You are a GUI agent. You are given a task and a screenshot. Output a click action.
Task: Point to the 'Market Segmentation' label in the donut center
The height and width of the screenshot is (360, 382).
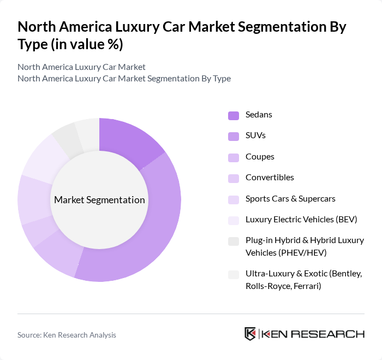[x=99, y=200]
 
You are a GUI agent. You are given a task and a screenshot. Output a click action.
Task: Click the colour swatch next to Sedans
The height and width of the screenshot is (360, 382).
[x=234, y=115]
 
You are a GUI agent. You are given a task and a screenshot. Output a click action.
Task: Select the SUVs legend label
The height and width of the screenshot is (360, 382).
[x=255, y=135]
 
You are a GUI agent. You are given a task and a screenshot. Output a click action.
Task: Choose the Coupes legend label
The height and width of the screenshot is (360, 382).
[x=260, y=157]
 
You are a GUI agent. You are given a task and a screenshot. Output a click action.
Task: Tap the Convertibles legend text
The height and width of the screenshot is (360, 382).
[x=270, y=178]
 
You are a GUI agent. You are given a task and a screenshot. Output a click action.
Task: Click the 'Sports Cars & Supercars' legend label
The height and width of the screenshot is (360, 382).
[x=290, y=198]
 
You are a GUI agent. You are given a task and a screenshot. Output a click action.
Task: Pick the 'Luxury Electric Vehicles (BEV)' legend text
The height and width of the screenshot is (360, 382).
[x=301, y=219]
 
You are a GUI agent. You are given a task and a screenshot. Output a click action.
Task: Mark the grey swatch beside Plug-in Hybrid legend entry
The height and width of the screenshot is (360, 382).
[x=234, y=241]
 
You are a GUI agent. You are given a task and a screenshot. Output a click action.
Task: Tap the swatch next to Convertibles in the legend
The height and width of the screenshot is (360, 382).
[x=234, y=178]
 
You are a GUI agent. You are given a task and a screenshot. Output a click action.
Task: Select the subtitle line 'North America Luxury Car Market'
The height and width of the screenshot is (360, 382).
[x=81, y=67]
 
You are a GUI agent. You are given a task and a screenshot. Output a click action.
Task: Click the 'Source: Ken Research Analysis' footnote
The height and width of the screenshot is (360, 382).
[x=67, y=335]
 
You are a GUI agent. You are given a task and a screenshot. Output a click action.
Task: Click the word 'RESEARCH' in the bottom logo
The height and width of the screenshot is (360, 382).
[x=332, y=334]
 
